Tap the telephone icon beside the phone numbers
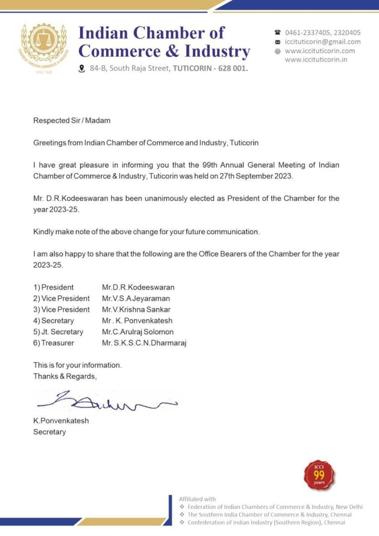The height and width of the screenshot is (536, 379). coord(278,33)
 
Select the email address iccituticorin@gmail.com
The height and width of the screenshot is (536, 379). coord(323,42)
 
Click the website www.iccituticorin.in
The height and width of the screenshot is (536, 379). coord(316,59)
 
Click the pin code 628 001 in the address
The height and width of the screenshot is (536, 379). coord(232,69)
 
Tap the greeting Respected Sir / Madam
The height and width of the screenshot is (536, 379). coord(72,120)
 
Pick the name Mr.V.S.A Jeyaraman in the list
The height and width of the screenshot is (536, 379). coord(136,298)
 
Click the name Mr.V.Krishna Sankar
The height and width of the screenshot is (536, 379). coord(136,310)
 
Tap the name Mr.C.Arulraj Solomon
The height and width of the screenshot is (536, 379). coord(138,332)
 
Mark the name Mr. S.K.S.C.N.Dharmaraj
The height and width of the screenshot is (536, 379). coord(144,343)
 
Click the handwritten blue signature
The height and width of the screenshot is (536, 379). coord(107,401)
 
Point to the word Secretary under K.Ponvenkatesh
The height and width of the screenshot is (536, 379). coord(49,432)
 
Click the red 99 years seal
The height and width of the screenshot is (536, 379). coord(319,475)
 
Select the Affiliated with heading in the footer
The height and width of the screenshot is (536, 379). coord(197,499)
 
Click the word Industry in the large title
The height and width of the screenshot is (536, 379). coord(217,51)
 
